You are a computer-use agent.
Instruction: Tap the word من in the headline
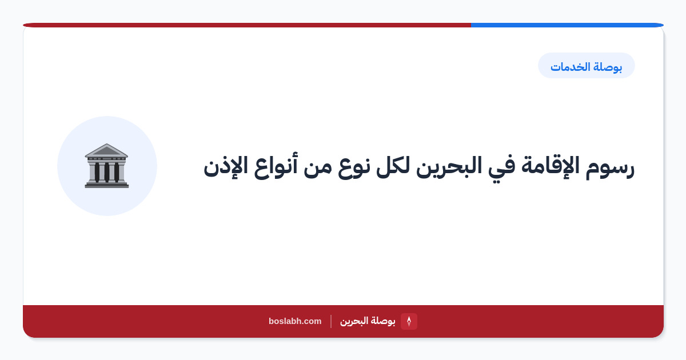pyautogui.click(x=318, y=168)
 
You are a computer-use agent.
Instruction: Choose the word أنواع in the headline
pyautogui.click(x=275, y=166)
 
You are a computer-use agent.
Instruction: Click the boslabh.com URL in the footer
pyautogui.click(x=295, y=321)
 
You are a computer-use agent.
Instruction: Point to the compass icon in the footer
pyautogui.click(x=409, y=321)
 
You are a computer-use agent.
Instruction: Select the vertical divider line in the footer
pyautogui.click(x=331, y=321)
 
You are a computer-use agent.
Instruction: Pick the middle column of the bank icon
pyautogui.click(x=106, y=172)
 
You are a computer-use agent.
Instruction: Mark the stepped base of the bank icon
pyautogui.click(x=106, y=185)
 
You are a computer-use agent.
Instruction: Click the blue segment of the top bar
pyautogui.click(x=567, y=25)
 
